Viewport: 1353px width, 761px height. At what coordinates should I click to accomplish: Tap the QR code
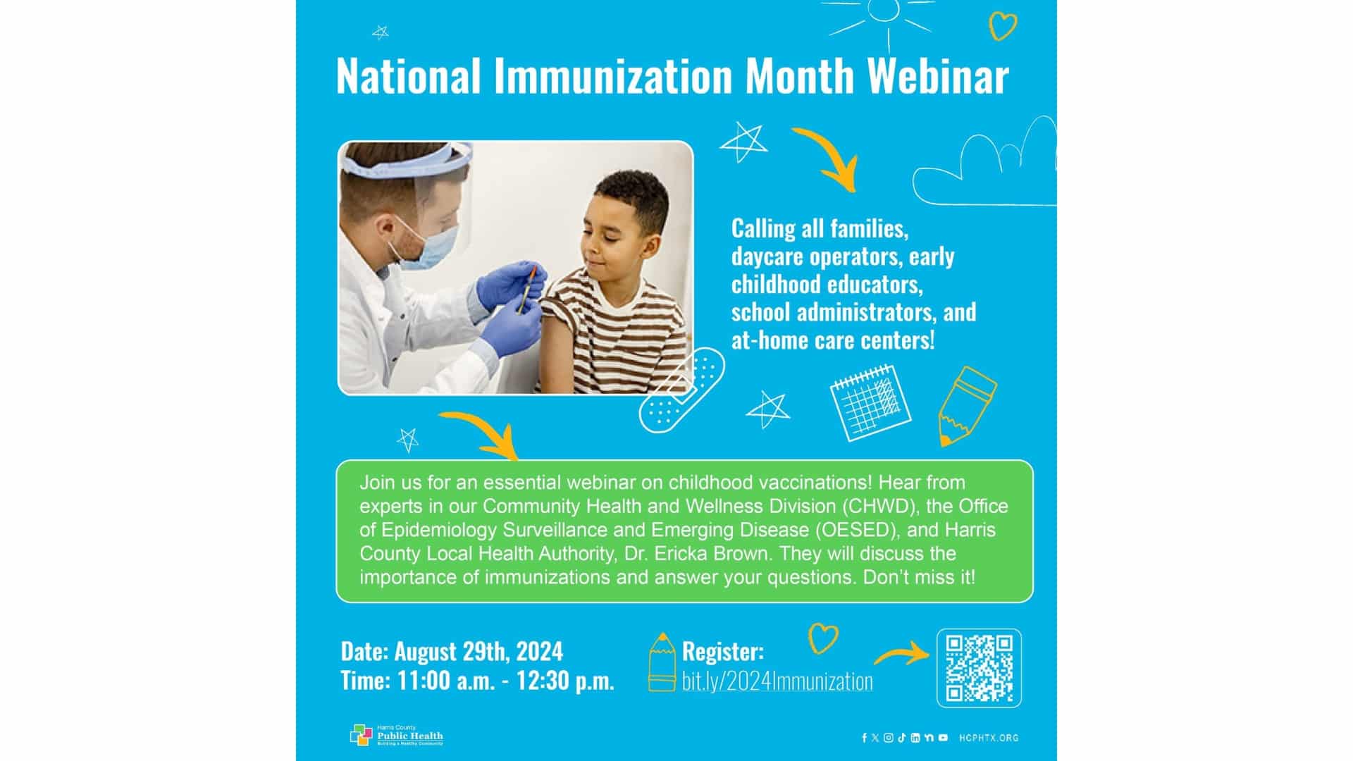point(979,668)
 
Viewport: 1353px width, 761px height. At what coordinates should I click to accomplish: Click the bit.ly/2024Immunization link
point(777,681)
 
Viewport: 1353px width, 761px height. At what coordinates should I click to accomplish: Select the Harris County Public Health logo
point(397,735)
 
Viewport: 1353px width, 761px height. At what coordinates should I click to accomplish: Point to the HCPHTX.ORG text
point(989,738)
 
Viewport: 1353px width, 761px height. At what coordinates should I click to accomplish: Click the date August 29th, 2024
point(478,651)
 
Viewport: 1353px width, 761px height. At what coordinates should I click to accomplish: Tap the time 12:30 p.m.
point(565,681)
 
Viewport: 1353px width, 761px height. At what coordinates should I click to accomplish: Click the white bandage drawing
point(681,390)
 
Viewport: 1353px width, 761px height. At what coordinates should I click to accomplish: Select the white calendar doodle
point(870,402)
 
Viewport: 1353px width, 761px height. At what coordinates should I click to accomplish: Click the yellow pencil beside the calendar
point(965,406)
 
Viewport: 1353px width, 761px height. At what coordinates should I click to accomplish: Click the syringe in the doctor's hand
point(526,290)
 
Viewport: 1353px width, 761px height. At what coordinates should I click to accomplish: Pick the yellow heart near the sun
point(1003,26)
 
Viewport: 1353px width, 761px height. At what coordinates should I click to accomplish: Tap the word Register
point(722,651)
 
